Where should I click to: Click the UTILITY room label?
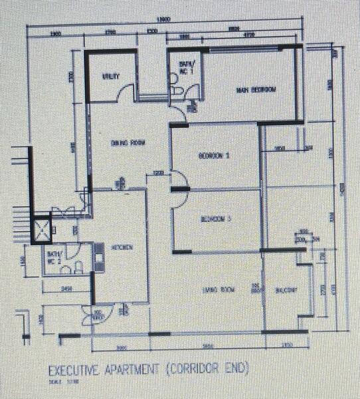[x=110, y=76]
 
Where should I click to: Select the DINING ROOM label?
[x=128, y=142]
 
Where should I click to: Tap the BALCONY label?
[x=285, y=289]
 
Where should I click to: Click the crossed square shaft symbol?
[x=43, y=229]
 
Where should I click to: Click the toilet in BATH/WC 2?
[x=78, y=267]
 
